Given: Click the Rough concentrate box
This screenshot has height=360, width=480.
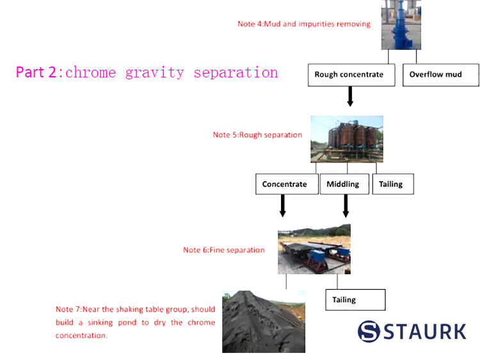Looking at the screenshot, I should [349, 75].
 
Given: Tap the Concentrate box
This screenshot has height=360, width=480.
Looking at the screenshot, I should [285, 184].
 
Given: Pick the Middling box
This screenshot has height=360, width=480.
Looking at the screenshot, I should [344, 184].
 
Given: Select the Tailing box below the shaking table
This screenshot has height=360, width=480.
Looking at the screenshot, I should [355, 299].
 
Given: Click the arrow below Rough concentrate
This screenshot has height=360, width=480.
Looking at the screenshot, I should [349, 96].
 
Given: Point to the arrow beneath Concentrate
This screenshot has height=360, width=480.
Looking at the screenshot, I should [282, 206].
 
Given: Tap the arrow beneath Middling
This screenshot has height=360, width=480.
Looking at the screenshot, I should [346, 206].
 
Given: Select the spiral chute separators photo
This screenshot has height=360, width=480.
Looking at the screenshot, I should [346, 139].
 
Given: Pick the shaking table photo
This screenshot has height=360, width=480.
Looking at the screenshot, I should [314, 249].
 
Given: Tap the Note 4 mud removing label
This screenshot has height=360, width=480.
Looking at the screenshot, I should [304, 24].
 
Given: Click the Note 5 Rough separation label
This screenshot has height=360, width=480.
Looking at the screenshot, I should [257, 135].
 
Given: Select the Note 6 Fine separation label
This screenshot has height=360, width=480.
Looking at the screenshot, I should [223, 250].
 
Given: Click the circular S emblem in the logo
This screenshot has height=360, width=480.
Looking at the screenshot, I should [369, 331].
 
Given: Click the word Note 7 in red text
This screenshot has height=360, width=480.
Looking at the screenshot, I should [68, 309].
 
